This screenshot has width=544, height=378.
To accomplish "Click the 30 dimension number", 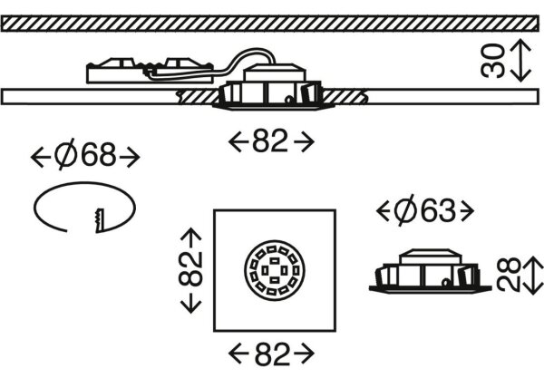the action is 492,61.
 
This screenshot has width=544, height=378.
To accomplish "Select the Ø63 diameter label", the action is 424,210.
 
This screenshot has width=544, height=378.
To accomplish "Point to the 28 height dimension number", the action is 509,275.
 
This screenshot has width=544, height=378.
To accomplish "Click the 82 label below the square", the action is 272,354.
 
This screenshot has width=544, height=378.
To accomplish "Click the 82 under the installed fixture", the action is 270,141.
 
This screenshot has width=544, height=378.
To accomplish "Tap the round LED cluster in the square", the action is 275,270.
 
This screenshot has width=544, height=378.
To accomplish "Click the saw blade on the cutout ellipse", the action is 99,220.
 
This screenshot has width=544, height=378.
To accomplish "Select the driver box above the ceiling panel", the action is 150,71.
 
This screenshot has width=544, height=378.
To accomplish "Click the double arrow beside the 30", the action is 521,61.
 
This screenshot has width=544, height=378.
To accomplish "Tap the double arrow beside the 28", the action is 534,276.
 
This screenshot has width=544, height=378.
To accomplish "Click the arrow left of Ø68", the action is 41,157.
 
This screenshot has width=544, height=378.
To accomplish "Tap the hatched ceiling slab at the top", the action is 270,24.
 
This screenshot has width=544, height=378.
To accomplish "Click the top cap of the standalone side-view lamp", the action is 431,257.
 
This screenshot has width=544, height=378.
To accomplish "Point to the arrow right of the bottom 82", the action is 304,354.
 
